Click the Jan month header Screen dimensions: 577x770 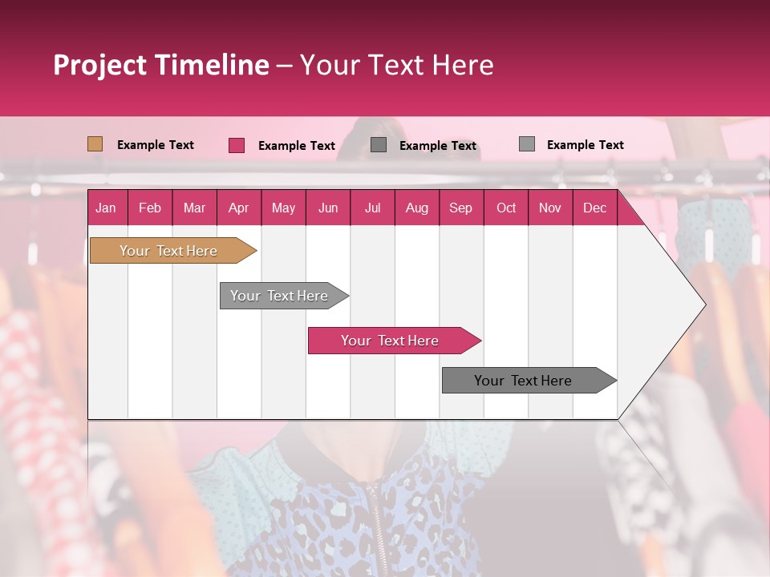pyautogui.click(x=107, y=208)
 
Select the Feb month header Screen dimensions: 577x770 pyautogui.click(x=150, y=208)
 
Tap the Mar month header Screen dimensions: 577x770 pyautogui.click(x=194, y=208)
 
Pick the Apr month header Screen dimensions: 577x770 pyautogui.click(x=239, y=208)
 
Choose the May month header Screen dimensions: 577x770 pyautogui.click(x=283, y=208)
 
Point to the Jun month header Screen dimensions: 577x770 pyautogui.click(x=328, y=208)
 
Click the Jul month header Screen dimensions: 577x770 pyautogui.click(x=372, y=208)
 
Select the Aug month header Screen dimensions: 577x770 pyautogui.click(x=417, y=208)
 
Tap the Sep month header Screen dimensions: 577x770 pyautogui.click(x=461, y=208)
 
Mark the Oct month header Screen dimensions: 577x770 pyautogui.click(x=506, y=208)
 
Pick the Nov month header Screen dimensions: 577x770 pyautogui.click(x=550, y=208)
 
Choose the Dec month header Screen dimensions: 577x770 pyautogui.click(x=595, y=208)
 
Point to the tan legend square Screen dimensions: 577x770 pyautogui.click(x=95, y=144)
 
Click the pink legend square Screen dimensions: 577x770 pyautogui.click(x=237, y=145)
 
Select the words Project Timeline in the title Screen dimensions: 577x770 pyautogui.click(x=161, y=65)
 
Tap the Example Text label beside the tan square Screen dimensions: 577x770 pyautogui.click(x=156, y=145)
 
